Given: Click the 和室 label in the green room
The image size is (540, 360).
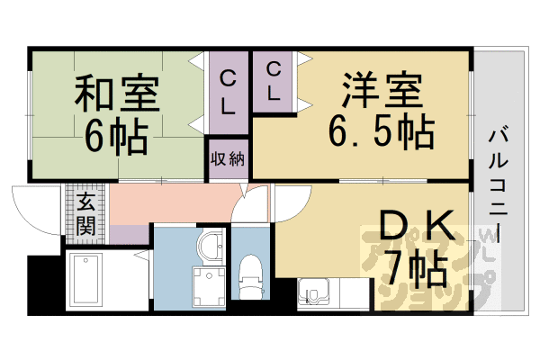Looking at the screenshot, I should point(116,93).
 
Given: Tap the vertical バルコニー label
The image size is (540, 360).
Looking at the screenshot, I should point(499,180).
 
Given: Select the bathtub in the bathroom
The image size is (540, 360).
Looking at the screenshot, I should point(87,279).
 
